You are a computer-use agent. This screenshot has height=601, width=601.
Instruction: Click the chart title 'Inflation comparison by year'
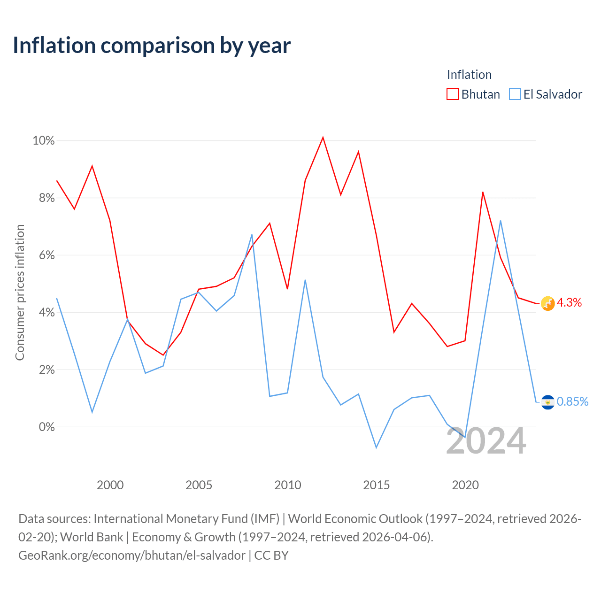(152, 46)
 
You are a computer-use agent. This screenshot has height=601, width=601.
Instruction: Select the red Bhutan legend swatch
(452, 94)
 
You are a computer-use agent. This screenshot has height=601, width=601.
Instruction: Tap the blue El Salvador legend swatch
(515, 94)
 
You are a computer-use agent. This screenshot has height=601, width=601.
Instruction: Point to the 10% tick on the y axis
(44, 141)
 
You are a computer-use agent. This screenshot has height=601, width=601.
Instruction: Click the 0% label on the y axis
(47, 427)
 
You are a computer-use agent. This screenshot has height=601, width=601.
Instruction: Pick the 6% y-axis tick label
(47, 255)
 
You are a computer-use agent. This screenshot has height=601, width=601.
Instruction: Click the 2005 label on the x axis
(199, 485)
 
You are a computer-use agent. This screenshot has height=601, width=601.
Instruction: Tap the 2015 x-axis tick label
(376, 485)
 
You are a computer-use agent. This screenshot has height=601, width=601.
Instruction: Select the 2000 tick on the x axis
(110, 485)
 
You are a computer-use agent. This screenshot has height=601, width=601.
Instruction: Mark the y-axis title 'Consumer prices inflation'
(20, 292)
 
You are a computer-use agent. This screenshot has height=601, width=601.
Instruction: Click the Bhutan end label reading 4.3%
(569, 302)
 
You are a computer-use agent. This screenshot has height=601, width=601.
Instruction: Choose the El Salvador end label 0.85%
(572, 401)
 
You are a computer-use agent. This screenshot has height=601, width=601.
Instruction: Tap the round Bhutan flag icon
(547, 303)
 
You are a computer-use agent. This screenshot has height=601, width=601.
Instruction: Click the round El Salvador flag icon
(547, 402)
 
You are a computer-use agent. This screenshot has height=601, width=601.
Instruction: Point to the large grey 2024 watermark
(486, 441)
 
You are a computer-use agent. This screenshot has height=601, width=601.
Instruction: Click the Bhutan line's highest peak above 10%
(323, 137)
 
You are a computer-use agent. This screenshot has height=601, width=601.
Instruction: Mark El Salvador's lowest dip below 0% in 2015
(376, 448)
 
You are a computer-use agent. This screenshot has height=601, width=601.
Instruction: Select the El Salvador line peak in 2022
(500, 221)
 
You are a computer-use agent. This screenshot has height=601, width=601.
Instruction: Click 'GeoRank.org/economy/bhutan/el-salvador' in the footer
(132, 555)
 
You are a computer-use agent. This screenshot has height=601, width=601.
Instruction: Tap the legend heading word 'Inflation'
(469, 75)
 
